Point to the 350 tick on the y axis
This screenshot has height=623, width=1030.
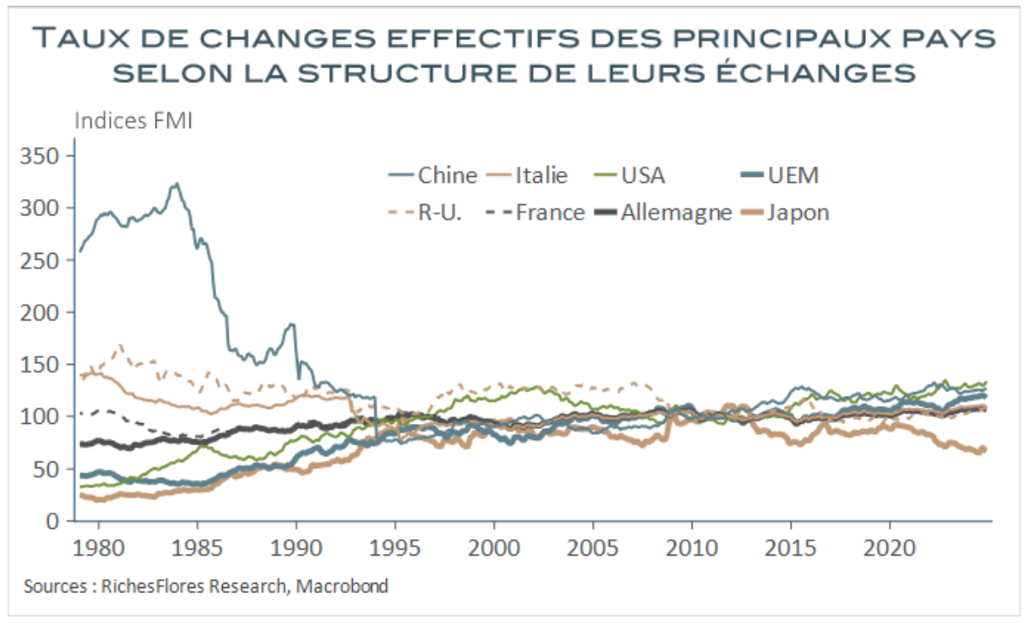click(x=43, y=156)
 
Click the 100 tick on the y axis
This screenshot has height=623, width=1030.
click(x=43, y=417)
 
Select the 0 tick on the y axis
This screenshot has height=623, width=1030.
click(x=53, y=521)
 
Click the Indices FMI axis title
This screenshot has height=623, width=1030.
click(x=134, y=120)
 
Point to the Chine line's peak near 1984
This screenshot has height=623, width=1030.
click(x=176, y=183)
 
